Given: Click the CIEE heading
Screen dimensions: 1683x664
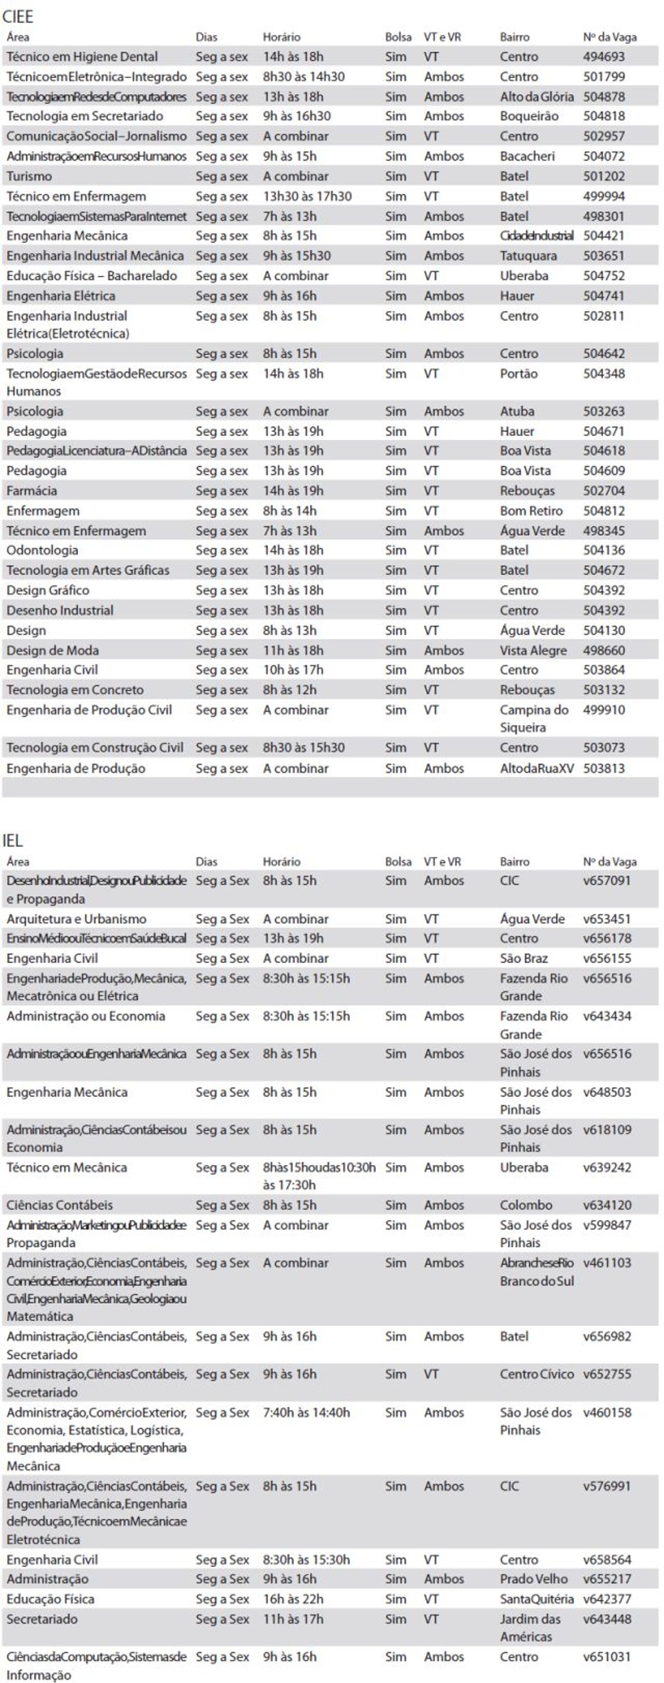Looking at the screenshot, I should pos(18,16).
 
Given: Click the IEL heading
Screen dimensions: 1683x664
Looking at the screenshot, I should pos(13,840).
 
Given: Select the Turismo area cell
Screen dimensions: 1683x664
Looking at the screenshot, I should pos(29,176).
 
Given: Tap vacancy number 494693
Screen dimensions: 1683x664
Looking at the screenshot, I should pos(603,57).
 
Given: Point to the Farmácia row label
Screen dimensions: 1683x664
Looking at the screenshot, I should pos(32,490).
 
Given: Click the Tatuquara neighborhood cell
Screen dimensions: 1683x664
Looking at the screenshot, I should pos(528,256).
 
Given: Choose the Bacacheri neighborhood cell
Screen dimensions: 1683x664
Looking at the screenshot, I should pos(527,156).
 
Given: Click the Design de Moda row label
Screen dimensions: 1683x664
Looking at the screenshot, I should pos(53,650).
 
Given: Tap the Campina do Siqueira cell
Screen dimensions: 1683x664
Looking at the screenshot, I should pos(533,718).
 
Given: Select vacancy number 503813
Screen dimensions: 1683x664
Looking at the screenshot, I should pos(603,768).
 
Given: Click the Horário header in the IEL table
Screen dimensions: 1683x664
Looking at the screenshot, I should pos(282,861).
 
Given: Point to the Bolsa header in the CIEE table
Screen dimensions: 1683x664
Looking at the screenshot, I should pos(398,37).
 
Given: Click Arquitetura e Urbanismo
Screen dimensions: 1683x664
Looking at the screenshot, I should pos(76,919).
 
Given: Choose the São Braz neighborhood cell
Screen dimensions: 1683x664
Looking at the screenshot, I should pos(524,958).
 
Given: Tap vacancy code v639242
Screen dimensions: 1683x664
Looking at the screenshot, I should pos(607,1167).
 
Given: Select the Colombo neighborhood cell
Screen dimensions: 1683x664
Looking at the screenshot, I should pos(526,1204).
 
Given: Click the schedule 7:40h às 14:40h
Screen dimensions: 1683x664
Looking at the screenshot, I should pos(306,1412).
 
